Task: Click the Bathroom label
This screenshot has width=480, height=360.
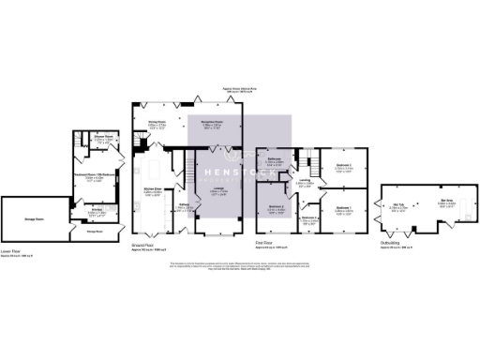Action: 274,159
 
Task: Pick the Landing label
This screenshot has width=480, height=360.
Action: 305,181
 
